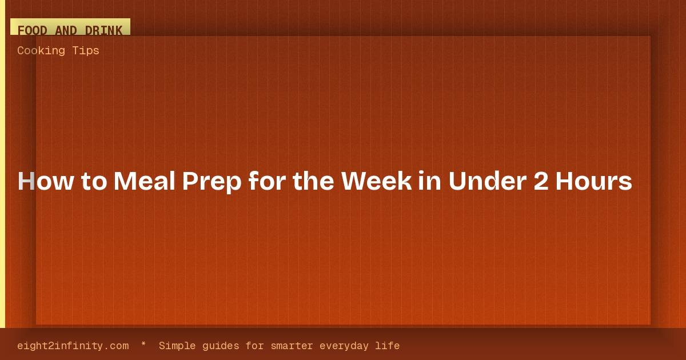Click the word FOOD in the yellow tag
32,31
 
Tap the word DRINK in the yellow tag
103,31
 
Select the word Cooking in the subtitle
41,50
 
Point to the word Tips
86,51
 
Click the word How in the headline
46,181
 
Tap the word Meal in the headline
144,181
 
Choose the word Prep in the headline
212,182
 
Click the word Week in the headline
377,181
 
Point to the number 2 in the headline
541,181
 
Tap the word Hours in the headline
594,181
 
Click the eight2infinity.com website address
73,346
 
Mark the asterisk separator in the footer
143,344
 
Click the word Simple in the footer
177,346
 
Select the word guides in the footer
221,346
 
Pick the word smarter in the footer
292,346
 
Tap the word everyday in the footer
344,346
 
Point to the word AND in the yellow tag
66,31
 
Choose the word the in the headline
313,181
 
